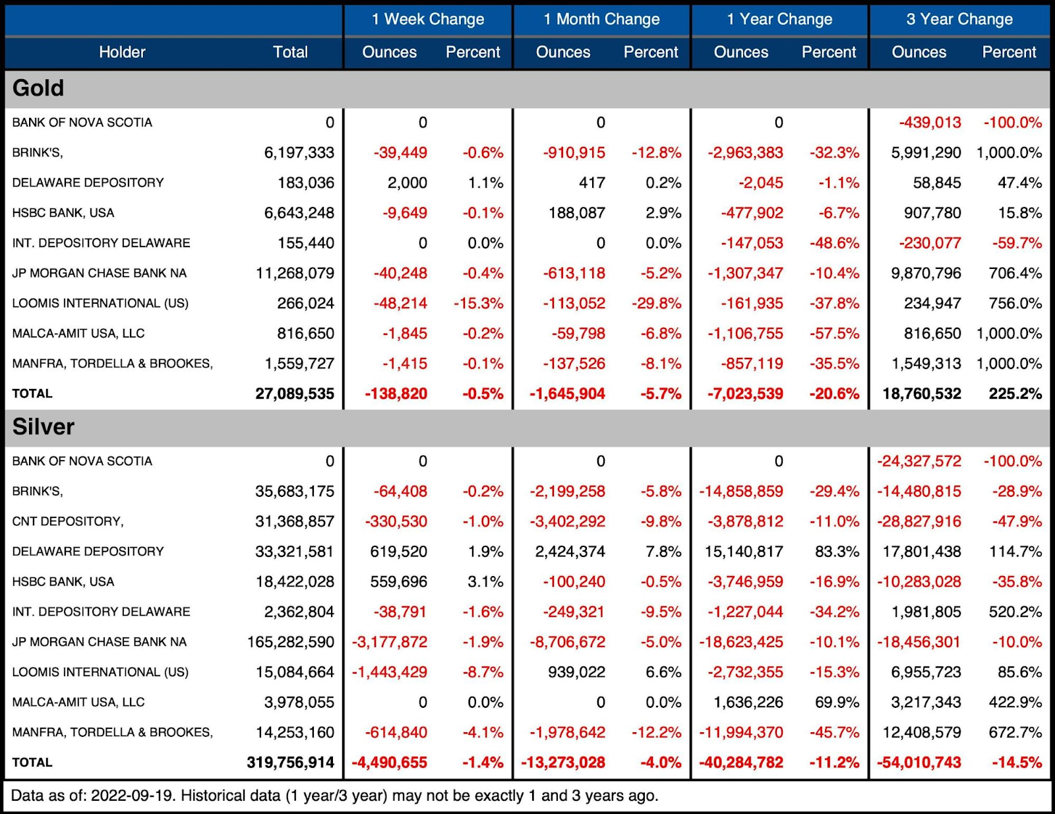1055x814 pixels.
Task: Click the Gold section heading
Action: pyautogui.click(x=38, y=88)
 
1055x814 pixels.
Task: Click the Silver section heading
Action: pyautogui.click(x=44, y=426)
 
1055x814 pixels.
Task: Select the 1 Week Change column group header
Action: pyautogui.click(x=428, y=19)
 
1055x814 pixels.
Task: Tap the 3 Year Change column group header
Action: pyautogui.click(x=959, y=19)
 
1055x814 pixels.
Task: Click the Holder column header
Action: pyautogui.click(x=122, y=52)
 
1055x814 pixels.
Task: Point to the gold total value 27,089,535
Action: pyautogui.click(x=295, y=393)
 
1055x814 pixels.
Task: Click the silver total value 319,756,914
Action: pyautogui.click(x=290, y=763)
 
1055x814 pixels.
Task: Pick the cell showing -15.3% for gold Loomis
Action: pyautogui.click(x=478, y=303)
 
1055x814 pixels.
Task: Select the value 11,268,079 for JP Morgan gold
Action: pyautogui.click(x=295, y=273)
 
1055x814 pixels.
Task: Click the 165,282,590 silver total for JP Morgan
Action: pyautogui.click(x=290, y=642)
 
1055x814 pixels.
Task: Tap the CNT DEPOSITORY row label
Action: pyautogui.click(x=67, y=521)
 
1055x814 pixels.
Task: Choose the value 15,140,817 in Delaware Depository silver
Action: pyautogui.click(x=744, y=552)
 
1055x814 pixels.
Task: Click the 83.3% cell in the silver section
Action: pyautogui.click(x=837, y=552)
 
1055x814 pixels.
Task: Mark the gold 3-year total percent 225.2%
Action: pyautogui.click(x=1015, y=393)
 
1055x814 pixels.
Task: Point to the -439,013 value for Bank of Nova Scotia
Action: pyautogui.click(x=930, y=123)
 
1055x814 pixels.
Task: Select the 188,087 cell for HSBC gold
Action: pyautogui.click(x=576, y=213)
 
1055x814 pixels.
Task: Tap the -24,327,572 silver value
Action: pyautogui.click(x=919, y=461)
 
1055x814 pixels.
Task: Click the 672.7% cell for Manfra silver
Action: pyautogui.click(x=1015, y=732)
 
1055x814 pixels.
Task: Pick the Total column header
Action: pyautogui.click(x=290, y=52)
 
